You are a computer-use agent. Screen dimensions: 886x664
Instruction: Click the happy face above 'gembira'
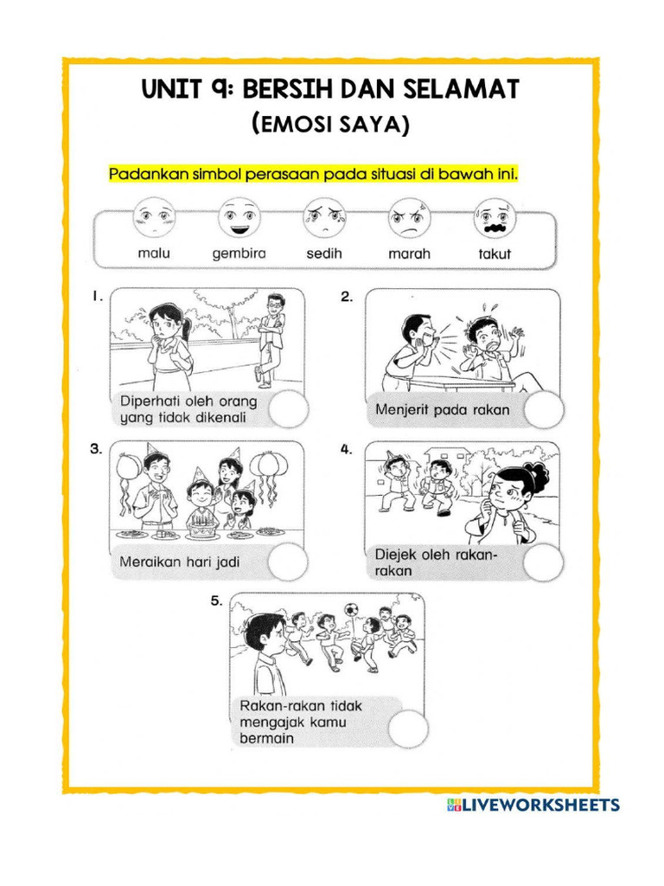[x=239, y=217]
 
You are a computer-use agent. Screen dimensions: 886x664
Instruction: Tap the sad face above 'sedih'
[x=324, y=217]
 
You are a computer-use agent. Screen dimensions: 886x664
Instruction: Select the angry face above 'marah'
[x=409, y=217]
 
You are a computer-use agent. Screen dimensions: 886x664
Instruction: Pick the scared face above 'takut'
[x=495, y=217]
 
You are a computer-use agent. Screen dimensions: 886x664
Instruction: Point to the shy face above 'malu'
[x=154, y=217]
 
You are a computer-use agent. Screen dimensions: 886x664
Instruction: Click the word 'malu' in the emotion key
[x=154, y=254]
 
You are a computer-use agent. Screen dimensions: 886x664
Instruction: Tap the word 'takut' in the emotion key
[x=495, y=254]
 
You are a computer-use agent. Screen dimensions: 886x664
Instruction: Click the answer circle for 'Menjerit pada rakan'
[x=544, y=409]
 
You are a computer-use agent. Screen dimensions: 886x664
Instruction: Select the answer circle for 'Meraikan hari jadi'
[x=288, y=562]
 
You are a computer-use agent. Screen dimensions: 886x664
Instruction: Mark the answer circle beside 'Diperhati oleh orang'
[x=288, y=409]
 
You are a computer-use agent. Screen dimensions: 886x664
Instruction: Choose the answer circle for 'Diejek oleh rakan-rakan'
[x=544, y=562]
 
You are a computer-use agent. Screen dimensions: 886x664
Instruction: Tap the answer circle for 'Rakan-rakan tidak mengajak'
[x=407, y=728]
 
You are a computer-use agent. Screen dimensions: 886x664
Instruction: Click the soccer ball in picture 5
[x=351, y=610]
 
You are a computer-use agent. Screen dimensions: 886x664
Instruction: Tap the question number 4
[x=347, y=450]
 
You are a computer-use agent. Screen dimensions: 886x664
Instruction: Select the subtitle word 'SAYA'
[x=373, y=126]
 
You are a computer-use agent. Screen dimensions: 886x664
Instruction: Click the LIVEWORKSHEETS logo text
[x=540, y=806]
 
